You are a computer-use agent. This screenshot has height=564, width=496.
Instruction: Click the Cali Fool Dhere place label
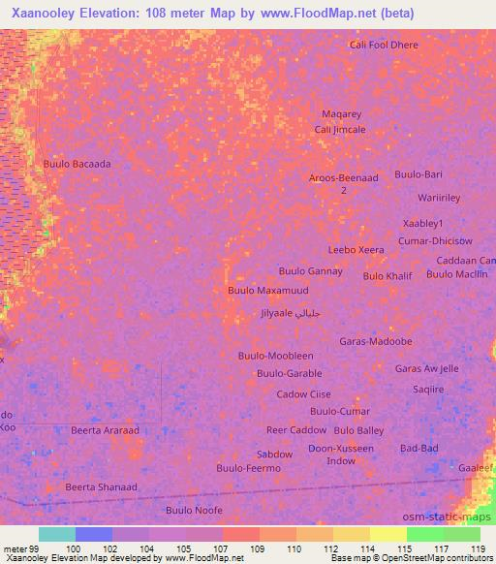[386, 45]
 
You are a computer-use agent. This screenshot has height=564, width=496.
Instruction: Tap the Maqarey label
[341, 114]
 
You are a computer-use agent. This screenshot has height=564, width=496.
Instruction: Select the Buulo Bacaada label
[77, 164]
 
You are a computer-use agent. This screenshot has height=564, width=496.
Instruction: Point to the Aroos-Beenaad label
[343, 178]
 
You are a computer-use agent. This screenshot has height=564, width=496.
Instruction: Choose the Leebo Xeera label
[356, 249]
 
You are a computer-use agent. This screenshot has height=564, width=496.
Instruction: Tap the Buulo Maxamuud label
[267, 290]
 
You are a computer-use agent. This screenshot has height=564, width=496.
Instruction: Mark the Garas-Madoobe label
[376, 341]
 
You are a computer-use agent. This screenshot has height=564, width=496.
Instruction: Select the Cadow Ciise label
[303, 394]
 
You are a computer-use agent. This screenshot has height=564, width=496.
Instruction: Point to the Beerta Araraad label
[106, 429]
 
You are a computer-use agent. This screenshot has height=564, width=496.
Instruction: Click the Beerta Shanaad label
[101, 486]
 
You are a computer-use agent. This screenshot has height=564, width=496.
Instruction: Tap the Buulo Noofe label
[194, 510]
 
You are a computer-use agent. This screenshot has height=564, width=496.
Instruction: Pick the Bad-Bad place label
[418, 448]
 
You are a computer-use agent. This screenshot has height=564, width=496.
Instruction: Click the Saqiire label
[427, 389]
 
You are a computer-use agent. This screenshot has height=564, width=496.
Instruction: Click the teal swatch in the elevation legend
[56, 534]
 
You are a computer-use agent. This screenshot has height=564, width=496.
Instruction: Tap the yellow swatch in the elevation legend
[388, 534]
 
